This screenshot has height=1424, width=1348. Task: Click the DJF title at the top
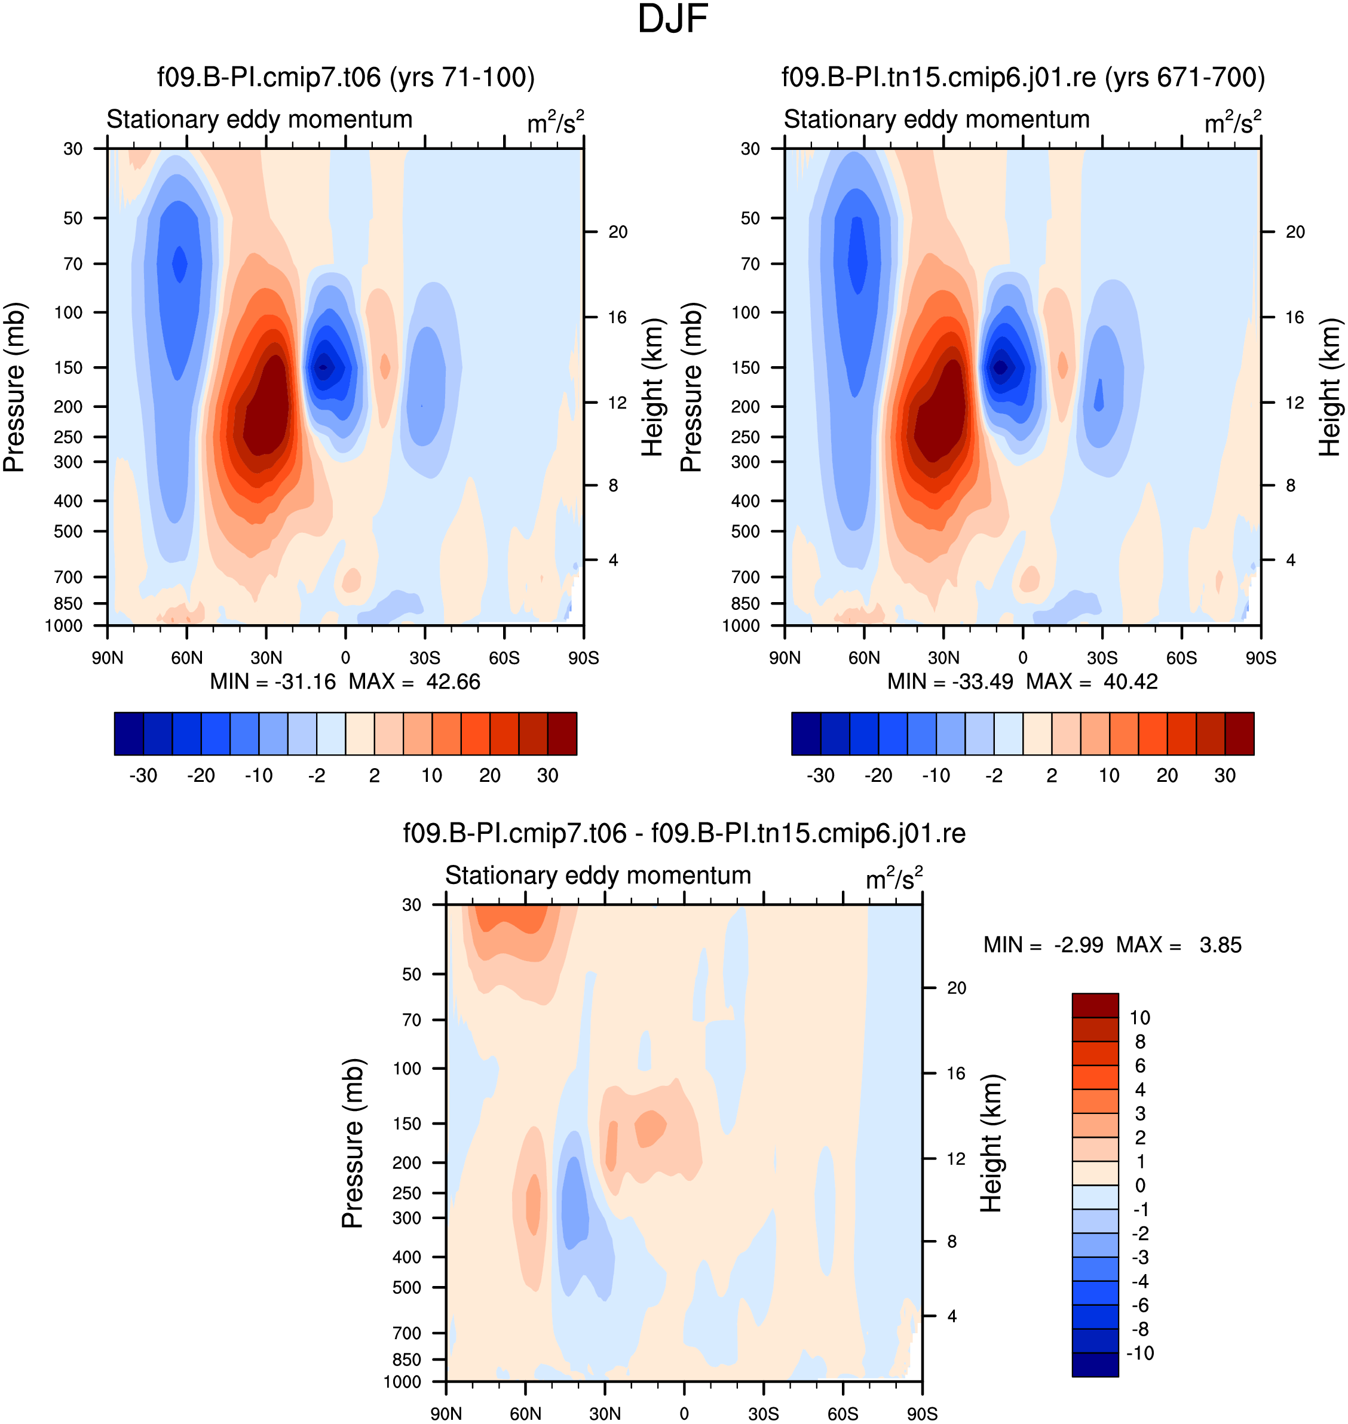point(673,19)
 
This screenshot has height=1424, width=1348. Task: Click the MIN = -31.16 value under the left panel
point(273,681)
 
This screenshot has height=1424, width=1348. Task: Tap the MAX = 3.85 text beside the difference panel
point(1178,945)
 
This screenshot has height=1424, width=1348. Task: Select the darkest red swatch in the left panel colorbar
point(562,734)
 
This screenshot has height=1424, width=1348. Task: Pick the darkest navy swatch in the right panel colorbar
point(806,734)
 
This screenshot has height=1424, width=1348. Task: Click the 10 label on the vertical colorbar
point(1139,1017)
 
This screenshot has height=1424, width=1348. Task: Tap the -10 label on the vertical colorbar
point(1139,1353)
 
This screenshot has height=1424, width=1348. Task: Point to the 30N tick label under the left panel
point(266,658)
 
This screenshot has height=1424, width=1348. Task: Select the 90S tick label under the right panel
point(1261,658)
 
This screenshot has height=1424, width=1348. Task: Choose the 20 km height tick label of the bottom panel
point(957,988)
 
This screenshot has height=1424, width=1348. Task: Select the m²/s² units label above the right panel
point(1232,122)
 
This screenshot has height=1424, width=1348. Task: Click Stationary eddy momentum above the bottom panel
point(598,875)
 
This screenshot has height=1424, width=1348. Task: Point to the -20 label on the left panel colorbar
point(201,775)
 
